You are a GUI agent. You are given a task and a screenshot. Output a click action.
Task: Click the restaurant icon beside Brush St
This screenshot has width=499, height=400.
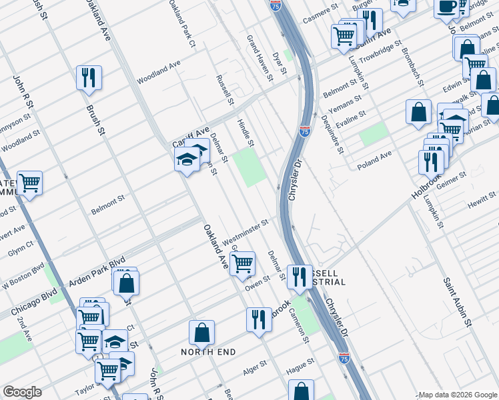click(88, 78)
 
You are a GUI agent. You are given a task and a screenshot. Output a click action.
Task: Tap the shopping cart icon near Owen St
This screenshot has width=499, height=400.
click(243, 263)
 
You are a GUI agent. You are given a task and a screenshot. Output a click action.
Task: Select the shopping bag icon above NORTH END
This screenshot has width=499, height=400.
click(201, 333)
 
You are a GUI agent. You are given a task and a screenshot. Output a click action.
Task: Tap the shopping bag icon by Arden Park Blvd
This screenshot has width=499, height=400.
click(125, 283)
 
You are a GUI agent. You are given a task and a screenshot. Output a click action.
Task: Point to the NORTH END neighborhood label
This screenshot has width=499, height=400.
click(207, 351)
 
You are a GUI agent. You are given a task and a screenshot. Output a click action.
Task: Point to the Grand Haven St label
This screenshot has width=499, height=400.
click(260, 58)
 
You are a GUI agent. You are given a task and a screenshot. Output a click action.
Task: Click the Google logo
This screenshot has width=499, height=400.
click(22, 392)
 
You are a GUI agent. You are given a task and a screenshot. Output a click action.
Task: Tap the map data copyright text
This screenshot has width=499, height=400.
click(457, 395)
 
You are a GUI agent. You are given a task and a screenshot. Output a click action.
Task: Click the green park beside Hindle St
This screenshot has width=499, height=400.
click(248, 167)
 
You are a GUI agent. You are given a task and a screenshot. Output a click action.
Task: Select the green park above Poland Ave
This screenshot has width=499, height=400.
click(373, 135)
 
